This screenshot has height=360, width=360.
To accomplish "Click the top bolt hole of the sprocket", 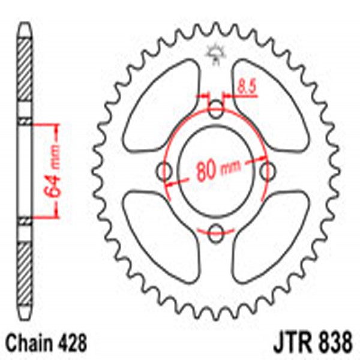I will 217,109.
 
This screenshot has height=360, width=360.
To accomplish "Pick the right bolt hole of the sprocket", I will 268,172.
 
